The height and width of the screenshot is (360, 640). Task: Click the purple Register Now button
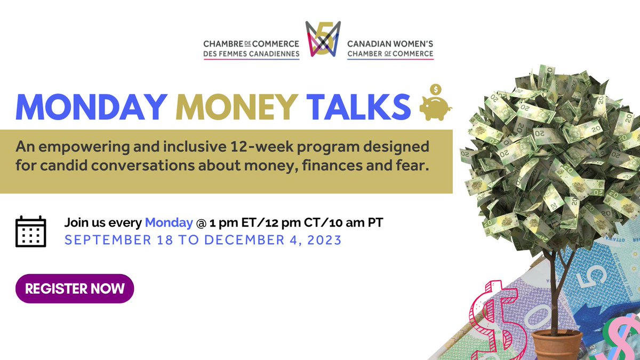click(75, 289)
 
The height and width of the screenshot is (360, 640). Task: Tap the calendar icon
click(30, 231)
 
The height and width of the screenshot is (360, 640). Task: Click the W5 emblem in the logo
click(323, 39)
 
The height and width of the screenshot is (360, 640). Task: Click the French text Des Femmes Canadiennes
click(251, 53)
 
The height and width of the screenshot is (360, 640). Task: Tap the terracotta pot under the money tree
click(557, 345)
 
